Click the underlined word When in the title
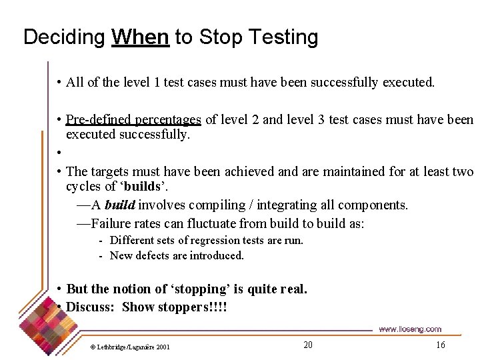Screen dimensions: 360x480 [140, 37]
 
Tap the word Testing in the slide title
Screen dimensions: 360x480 [279, 38]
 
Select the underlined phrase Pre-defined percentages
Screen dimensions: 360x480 [133, 120]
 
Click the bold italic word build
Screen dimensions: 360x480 [119, 205]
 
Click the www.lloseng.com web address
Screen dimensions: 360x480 [409, 329]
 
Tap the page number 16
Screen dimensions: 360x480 [440, 345]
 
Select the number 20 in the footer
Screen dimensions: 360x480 [307, 345]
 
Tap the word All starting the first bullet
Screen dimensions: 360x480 [75, 83]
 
